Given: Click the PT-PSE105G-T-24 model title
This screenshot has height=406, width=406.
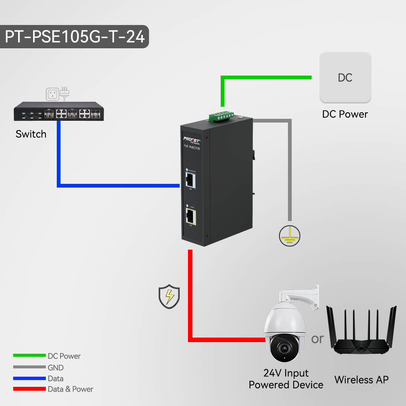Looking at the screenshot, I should (x=74, y=37).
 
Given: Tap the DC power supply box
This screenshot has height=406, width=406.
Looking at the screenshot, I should (x=345, y=77).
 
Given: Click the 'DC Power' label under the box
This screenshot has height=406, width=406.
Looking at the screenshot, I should (x=345, y=114).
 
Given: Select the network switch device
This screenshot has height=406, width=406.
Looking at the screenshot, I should (x=59, y=112).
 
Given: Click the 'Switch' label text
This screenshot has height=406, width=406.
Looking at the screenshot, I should (x=31, y=134).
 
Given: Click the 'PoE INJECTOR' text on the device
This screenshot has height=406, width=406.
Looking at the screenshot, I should (x=192, y=148).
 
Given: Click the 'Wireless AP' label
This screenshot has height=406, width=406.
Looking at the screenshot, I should (x=361, y=380).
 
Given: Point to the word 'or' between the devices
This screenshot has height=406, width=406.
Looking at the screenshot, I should (x=317, y=339).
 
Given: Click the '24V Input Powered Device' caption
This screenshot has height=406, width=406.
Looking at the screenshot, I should (x=286, y=379).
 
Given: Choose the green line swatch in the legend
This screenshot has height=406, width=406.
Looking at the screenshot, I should (x=29, y=356).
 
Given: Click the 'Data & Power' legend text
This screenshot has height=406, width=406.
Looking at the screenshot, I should (x=70, y=389).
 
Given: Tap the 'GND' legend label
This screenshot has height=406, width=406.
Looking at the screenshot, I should (x=56, y=368).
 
